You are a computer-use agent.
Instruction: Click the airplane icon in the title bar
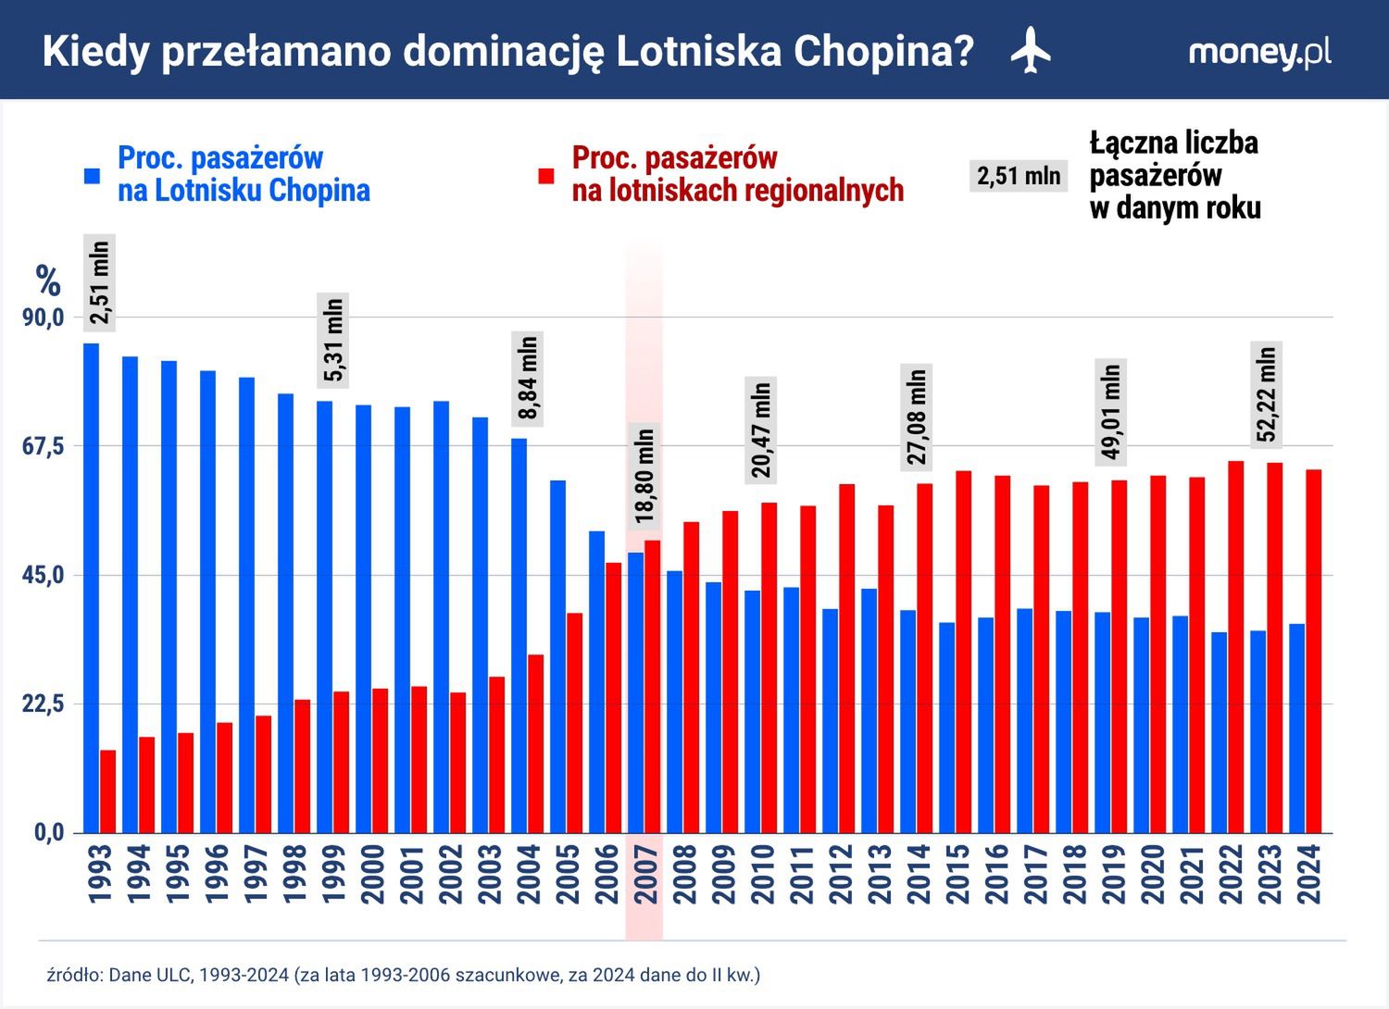[x=1031, y=51]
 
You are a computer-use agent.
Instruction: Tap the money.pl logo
[x=1259, y=53]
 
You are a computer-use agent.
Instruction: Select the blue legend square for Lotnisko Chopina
[x=92, y=175]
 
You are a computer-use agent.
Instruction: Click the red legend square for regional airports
[x=546, y=175]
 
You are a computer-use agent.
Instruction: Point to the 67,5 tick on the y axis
[x=44, y=446]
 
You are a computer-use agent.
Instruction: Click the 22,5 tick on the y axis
[x=44, y=704]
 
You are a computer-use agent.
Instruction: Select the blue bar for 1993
[x=91, y=588]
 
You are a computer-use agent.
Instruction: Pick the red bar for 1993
[x=107, y=791]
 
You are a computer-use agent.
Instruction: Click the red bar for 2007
[x=653, y=686]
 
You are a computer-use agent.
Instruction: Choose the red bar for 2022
[x=1235, y=647]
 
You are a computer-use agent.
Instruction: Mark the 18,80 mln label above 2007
[x=645, y=476]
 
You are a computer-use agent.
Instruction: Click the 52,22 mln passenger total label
[x=1267, y=393]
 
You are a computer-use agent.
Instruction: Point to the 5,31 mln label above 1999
[x=333, y=339]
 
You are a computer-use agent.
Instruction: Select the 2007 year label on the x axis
[x=645, y=875]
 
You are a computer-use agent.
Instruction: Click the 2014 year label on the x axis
[x=918, y=875]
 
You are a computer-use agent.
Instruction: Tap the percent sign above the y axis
[x=48, y=280]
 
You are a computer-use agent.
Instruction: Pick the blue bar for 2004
[x=519, y=635]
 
